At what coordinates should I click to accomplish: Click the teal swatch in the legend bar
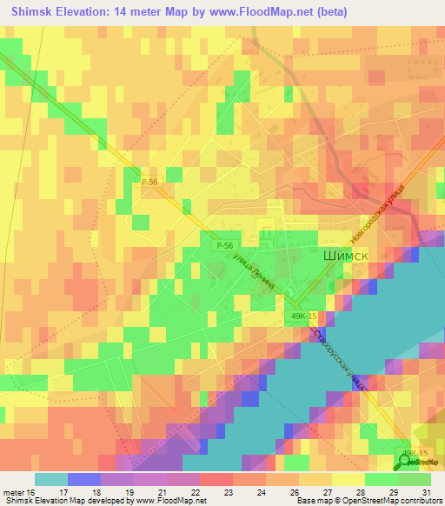51,479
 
